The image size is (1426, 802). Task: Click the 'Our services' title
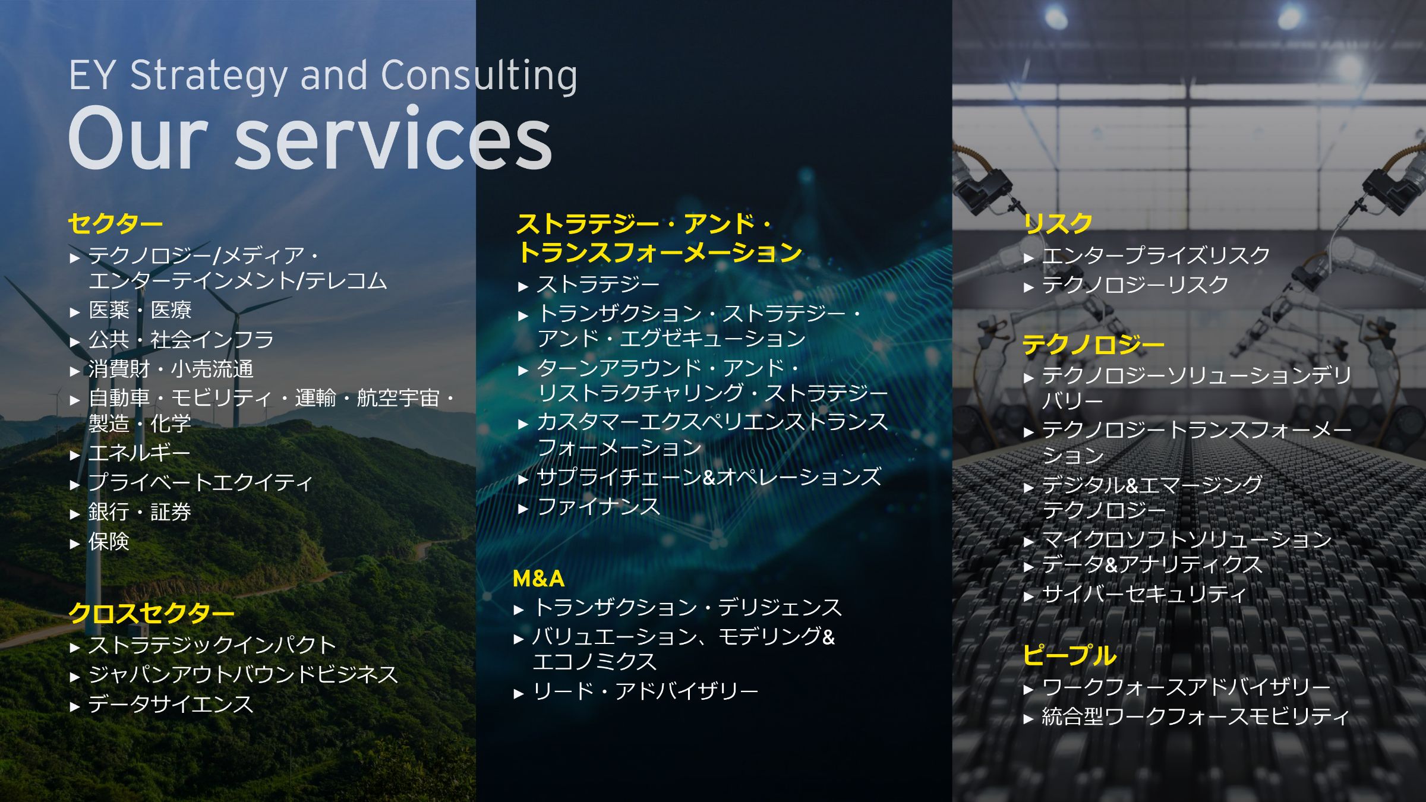[x=311, y=138]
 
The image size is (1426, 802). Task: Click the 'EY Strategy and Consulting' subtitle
[x=323, y=75]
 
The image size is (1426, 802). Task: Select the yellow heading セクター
[x=115, y=224]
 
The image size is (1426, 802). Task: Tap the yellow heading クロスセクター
[x=152, y=613]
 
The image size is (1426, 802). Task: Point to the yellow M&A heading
[x=538, y=579]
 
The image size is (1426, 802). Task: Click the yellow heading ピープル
[x=1069, y=655]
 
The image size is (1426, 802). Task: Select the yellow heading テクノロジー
[x=1093, y=345]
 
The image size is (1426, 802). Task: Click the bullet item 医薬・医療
[x=140, y=310]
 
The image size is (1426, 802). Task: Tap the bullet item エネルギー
[x=140, y=453]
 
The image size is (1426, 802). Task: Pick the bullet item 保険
[x=109, y=541]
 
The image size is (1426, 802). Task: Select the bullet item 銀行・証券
[x=140, y=511]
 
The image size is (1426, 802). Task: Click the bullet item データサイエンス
[x=171, y=704]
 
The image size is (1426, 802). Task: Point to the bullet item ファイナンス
[x=599, y=507]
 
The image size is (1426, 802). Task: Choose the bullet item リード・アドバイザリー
[x=645, y=691]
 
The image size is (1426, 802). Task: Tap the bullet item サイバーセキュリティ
[x=1144, y=593]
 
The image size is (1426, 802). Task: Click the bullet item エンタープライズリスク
[x=1156, y=255]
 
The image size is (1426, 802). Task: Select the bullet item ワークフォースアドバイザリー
[x=1187, y=687]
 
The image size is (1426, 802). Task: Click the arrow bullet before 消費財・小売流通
[x=74, y=371]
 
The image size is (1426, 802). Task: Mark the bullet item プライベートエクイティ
[x=200, y=482]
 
